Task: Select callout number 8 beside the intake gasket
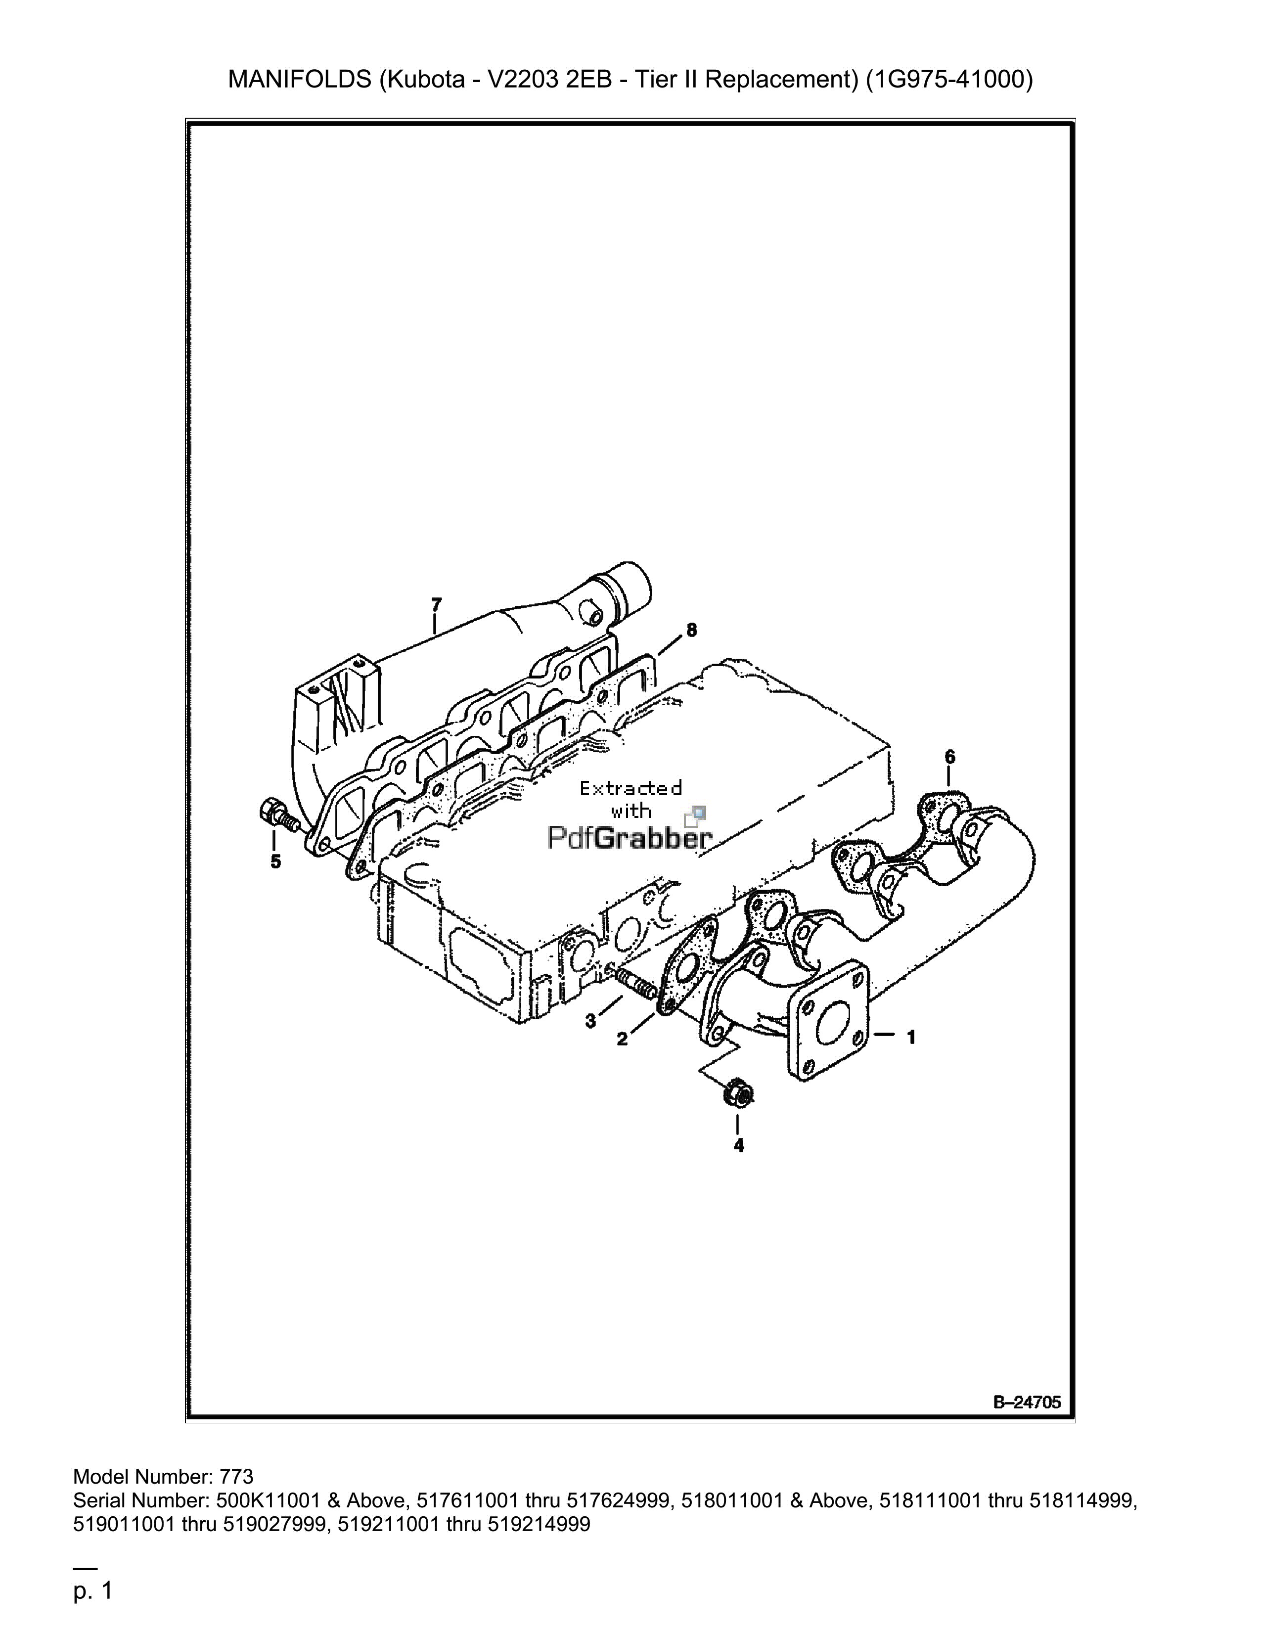pos(692,630)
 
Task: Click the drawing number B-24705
pos(1027,1403)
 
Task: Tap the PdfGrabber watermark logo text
pos(630,838)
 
